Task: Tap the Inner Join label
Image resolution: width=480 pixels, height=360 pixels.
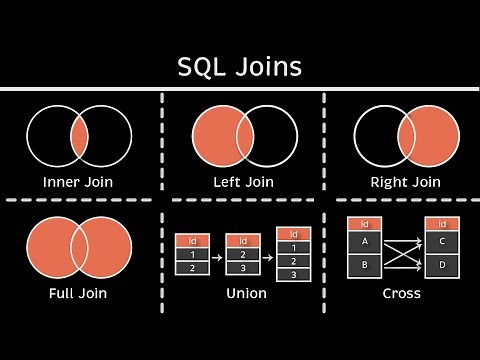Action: (79, 182)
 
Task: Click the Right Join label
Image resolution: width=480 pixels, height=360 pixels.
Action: (405, 182)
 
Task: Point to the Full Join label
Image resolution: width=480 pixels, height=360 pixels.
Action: (78, 293)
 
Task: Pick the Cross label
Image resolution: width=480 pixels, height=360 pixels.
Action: (401, 293)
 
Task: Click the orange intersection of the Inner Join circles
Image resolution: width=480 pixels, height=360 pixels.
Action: (79, 135)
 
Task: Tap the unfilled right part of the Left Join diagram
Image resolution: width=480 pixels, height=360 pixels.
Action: (280, 135)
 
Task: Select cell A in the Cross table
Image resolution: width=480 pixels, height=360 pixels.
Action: (364, 241)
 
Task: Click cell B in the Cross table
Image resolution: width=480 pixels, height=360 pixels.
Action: (364, 266)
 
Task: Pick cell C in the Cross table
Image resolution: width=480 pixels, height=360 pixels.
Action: (442, 241)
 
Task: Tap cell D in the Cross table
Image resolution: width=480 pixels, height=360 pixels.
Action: (442, 266)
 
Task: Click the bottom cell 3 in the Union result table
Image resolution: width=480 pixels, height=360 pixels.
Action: (293, 274)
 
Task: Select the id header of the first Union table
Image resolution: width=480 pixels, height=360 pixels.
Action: (191, 240)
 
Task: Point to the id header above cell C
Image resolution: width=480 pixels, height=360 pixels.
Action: (442, 224)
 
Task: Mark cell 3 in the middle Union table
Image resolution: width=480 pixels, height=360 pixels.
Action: (243, 268)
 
